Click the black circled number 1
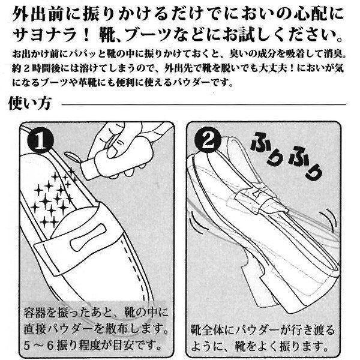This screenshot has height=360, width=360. tap(40, 140)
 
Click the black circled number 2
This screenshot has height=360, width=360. tap(208, 140)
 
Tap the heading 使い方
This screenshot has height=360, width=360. tap(30, 103)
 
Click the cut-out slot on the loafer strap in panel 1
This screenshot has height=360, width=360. tap(88, 238)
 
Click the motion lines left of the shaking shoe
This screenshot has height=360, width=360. tap(195, 221)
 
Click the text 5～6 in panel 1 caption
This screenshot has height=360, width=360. tap(38, 346)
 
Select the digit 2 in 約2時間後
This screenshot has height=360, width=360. tap(26, 68)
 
